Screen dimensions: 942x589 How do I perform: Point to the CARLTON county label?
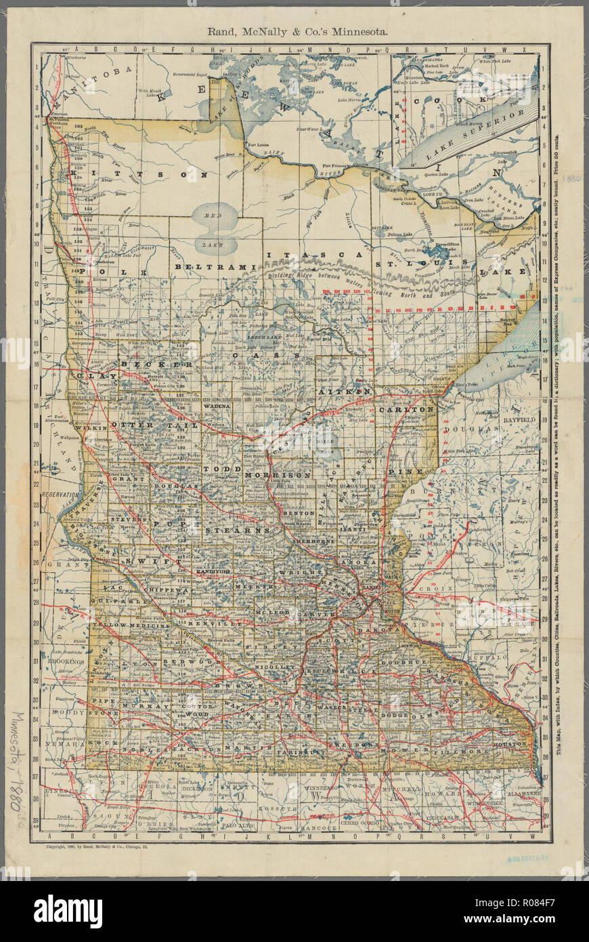(406, 411)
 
